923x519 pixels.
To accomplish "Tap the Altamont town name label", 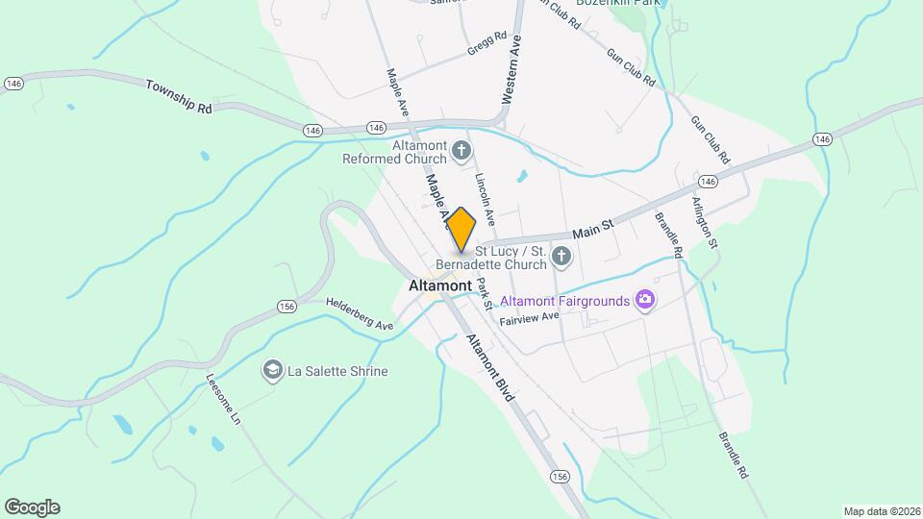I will pyautogui.click(x=439, y=285).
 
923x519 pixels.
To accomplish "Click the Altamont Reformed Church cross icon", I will pyautogui.click(x=462, y=150).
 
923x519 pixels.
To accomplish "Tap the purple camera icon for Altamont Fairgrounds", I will pyautogui.click(x=645, y=301).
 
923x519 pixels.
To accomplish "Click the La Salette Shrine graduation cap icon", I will pyautogui.click(x=273, y=370).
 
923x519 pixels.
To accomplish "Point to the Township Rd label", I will pyautogui.click(x=179, y=97).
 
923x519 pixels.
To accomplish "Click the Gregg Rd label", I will pyautogui.click(x=487, y=42).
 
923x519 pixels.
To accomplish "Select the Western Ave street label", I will pyautogui.click(x=511, y=70).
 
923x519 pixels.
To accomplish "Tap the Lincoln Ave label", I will pyautogui.click(x=485, y=199).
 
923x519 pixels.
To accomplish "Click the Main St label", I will pyautogui.click(x=592, y=228).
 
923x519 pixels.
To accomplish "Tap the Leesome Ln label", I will pyautogui.click(x=223, y=399).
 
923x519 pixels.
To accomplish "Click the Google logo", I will pyautogui.click(x=32, y=507).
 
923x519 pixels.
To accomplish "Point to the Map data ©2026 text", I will pyautogui.click(x=881, y=511).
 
